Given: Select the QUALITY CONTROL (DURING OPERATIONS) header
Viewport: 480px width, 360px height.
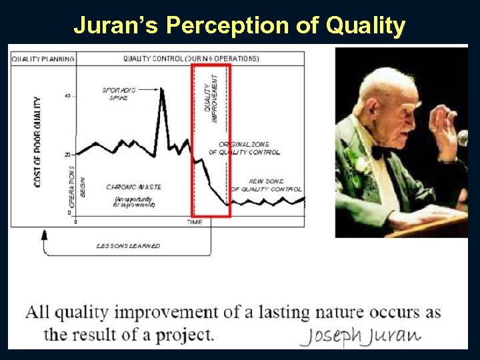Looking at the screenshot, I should click(191, 59).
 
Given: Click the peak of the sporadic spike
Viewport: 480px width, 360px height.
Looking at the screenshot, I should click(162, 89).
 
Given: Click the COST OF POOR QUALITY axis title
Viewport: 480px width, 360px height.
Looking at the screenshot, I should click(37, 141).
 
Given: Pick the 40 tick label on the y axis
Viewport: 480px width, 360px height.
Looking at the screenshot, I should click(67, 96).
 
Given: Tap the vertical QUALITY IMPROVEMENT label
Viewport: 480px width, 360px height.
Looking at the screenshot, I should click(210, 98).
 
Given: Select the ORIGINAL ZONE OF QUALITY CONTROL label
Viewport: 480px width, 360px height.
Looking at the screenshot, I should click(244, 148).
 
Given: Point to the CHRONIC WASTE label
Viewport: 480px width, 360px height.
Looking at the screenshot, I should click(133, 187).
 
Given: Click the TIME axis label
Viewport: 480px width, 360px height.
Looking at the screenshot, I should click(195, 221).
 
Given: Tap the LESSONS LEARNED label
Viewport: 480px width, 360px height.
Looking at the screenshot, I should click(128, 246).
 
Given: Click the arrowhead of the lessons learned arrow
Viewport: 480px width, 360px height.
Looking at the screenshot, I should click(45, 234).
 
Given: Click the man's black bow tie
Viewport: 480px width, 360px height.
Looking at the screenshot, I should click(381, 151).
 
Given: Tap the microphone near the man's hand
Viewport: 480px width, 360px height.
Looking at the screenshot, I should click(462, 138).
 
